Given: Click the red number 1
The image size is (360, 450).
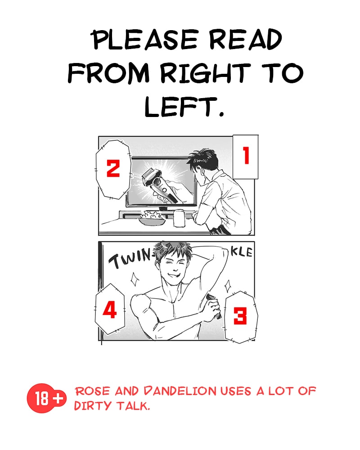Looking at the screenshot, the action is (246, 155).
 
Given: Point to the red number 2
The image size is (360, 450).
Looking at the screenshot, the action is (113, 168).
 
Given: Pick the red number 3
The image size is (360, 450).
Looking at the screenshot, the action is (240, 316).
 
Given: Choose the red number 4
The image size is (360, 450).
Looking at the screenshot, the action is (110, 310).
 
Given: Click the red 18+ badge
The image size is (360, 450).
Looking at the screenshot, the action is (46, 398).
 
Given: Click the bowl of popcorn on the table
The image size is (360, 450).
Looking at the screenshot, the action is (152, 218).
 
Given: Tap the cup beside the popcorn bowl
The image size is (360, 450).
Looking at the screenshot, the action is (180, 218).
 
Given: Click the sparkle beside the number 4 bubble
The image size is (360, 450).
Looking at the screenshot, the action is (134, 279).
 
